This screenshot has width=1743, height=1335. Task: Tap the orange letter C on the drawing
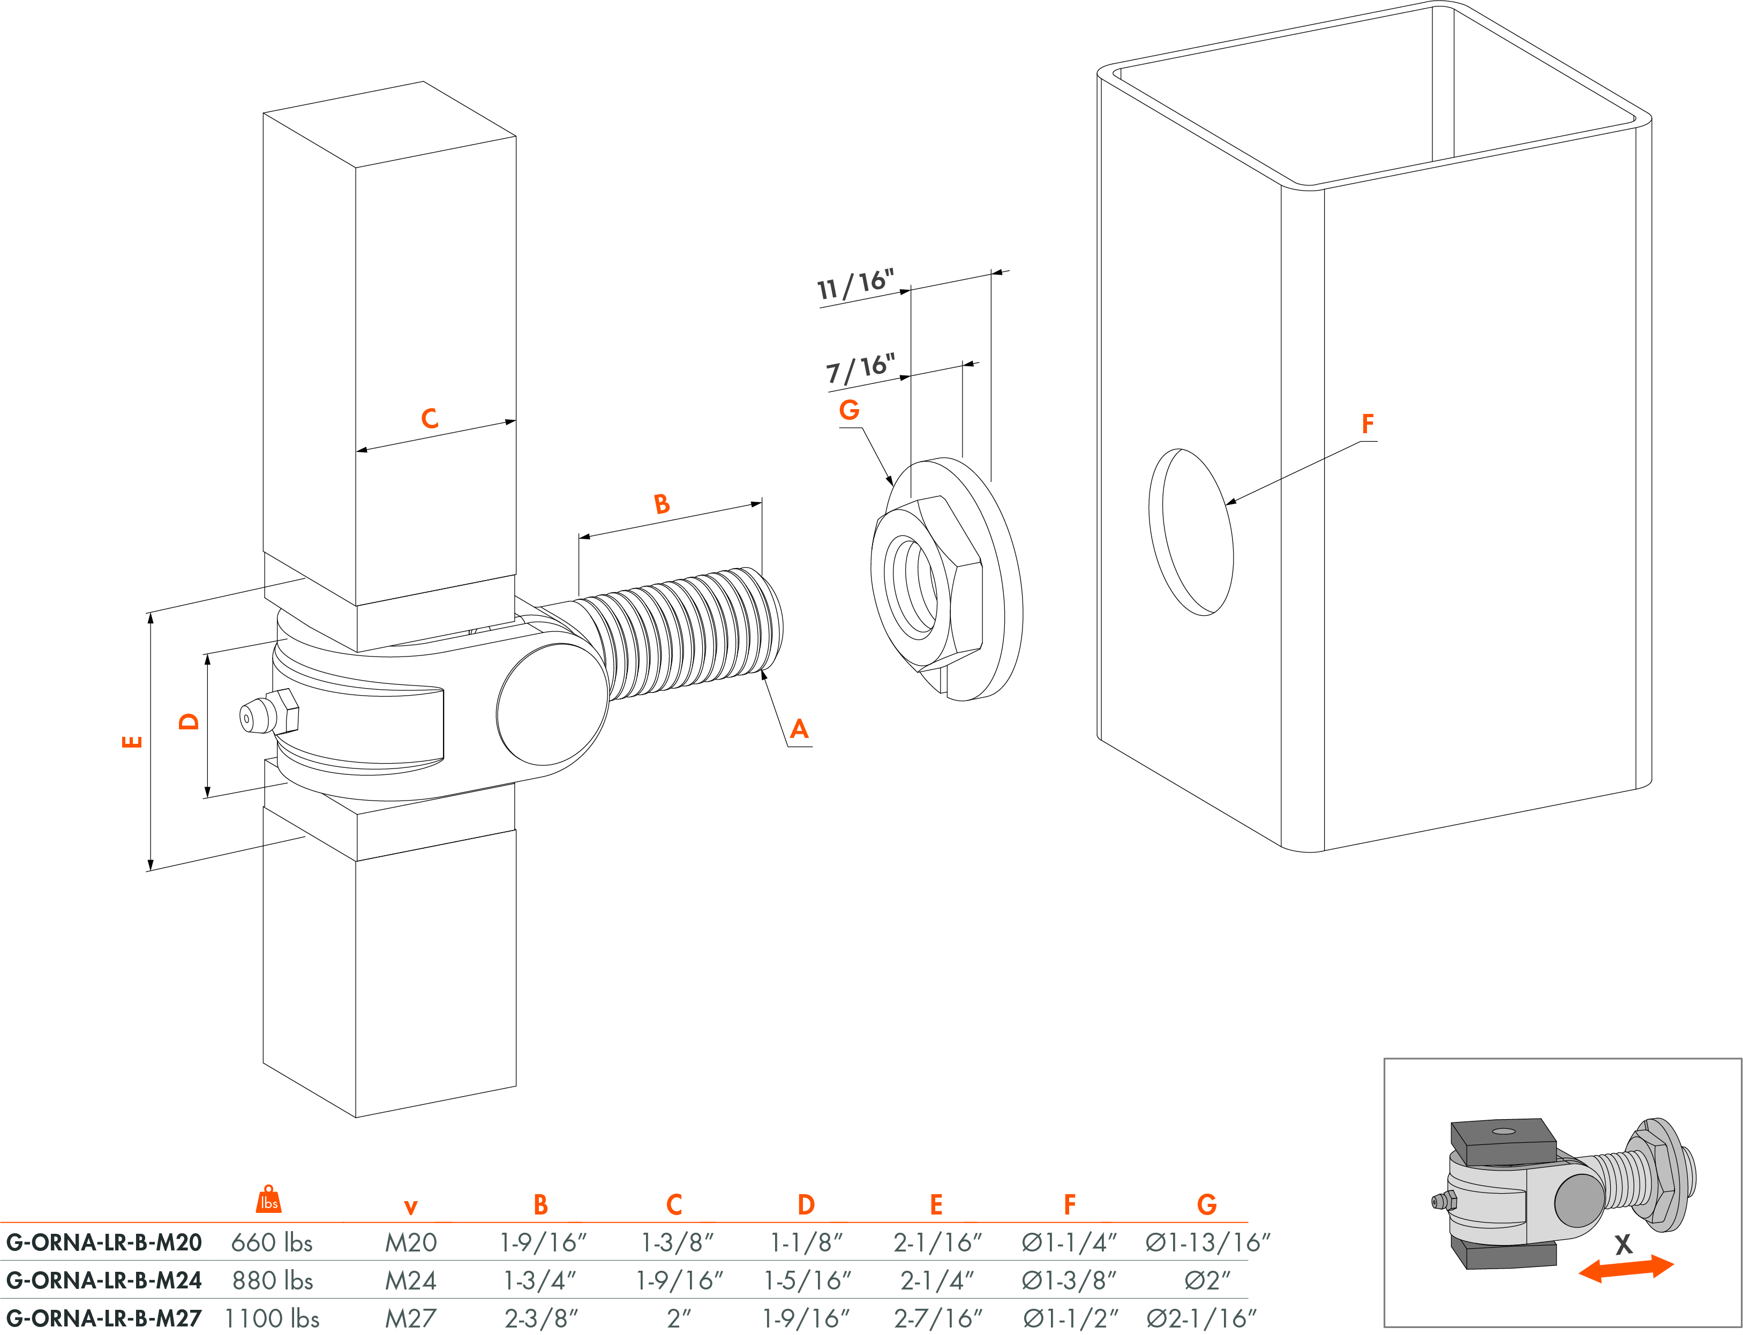click(x=429, y=418)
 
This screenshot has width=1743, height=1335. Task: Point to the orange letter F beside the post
click(x=1367, y=424)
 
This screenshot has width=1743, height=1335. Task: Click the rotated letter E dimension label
click(x=132, y=742)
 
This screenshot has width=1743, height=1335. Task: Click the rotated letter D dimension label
click(x=189, y=721)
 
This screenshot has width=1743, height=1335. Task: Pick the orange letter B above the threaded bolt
click(x=662, y=504)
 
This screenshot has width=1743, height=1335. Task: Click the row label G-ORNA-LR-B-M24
click(x=103, y=1281)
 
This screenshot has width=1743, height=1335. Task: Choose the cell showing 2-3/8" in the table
click(x=540, y=1319)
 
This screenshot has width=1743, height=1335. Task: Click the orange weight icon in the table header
click(x=269, y=1200)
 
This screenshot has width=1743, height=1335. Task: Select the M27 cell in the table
click(x=410, y=1319)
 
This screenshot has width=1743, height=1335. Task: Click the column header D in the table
click(x=806, y=1205)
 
